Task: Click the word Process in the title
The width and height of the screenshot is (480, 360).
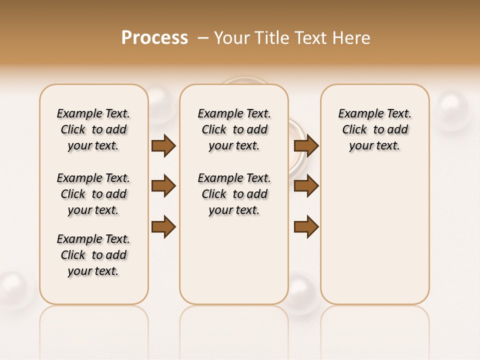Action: tap(154, 37)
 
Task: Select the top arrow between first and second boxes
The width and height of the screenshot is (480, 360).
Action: tap(163, 145)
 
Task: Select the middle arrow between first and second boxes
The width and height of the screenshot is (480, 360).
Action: tap(163, 186)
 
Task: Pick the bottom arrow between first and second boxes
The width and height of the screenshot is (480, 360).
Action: tap(163, 226)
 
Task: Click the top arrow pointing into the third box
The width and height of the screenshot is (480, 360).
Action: tap(306, 145)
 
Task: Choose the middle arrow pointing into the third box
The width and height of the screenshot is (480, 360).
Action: tap(306, 186)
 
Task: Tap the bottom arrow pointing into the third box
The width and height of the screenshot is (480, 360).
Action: tap(306, 226)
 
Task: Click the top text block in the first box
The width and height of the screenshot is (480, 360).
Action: tap(93, 129)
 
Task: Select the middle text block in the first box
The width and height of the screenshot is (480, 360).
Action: tap(93, 194)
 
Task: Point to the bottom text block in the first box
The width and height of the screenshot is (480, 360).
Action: tap(93, 255)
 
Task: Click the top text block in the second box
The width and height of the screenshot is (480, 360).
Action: tap(234, 129)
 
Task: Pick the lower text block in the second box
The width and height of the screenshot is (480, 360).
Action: tap(234, 194)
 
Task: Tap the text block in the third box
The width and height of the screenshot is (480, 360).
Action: tap(375, 129)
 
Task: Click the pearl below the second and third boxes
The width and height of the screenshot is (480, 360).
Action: tap(303, 294)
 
